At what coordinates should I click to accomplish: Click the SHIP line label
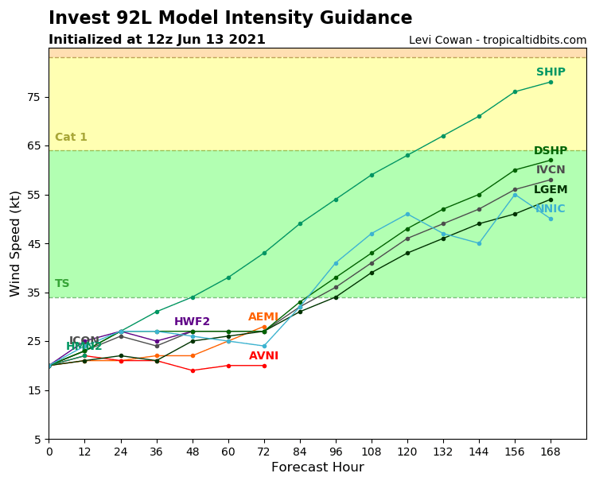click(551, 72)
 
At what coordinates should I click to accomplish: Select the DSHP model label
click(551, 151)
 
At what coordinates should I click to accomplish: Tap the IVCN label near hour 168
click(551, 170)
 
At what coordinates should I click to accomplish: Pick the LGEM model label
click(551, 190)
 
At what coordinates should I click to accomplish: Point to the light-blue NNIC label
click(550, 209)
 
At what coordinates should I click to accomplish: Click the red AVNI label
click(263, 356)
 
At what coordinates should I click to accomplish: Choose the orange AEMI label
click(263, 317)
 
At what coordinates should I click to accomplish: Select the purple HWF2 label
click(192, 322)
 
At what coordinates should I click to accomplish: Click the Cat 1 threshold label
click(71, 138)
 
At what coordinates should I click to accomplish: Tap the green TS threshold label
click(62, 284)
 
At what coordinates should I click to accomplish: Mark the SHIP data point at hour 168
click(551, 82)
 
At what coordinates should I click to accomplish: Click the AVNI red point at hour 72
click(264, 366)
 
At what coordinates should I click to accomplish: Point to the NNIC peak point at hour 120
click(407, 214)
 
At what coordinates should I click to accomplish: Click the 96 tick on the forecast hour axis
click(336, 452)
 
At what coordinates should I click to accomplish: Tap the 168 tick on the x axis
click(551, 452)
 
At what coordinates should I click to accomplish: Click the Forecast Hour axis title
click(317, 467)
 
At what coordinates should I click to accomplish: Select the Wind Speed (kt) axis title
click(16, 243)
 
